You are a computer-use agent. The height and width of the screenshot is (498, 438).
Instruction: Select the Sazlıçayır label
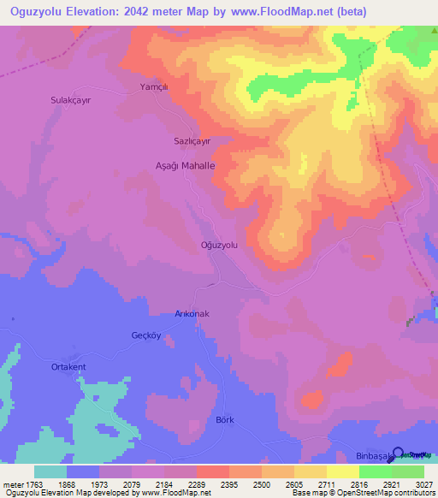pos(186,141)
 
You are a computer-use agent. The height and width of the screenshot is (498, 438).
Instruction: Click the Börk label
pos(225,420)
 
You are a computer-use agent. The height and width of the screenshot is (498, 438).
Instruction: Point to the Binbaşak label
pos(374,457)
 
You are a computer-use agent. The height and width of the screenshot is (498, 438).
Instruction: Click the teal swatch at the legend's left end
pos(50,471)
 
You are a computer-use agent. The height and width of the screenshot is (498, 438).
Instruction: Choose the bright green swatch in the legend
pos(376,471)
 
